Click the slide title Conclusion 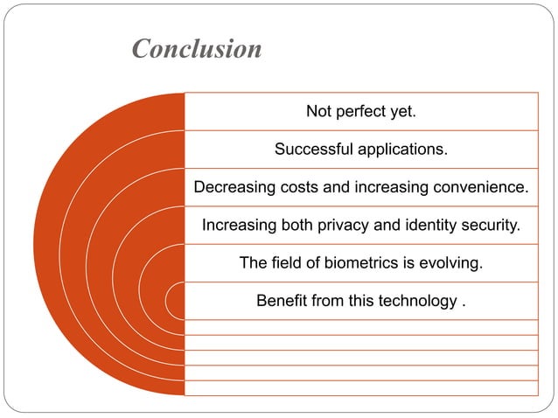click(x=197, y=49)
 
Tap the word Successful click(x=312, y=150)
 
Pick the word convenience click(x=485, y=187)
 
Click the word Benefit click(x=282, y=301)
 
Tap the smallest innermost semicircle click(x=178, y=301)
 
